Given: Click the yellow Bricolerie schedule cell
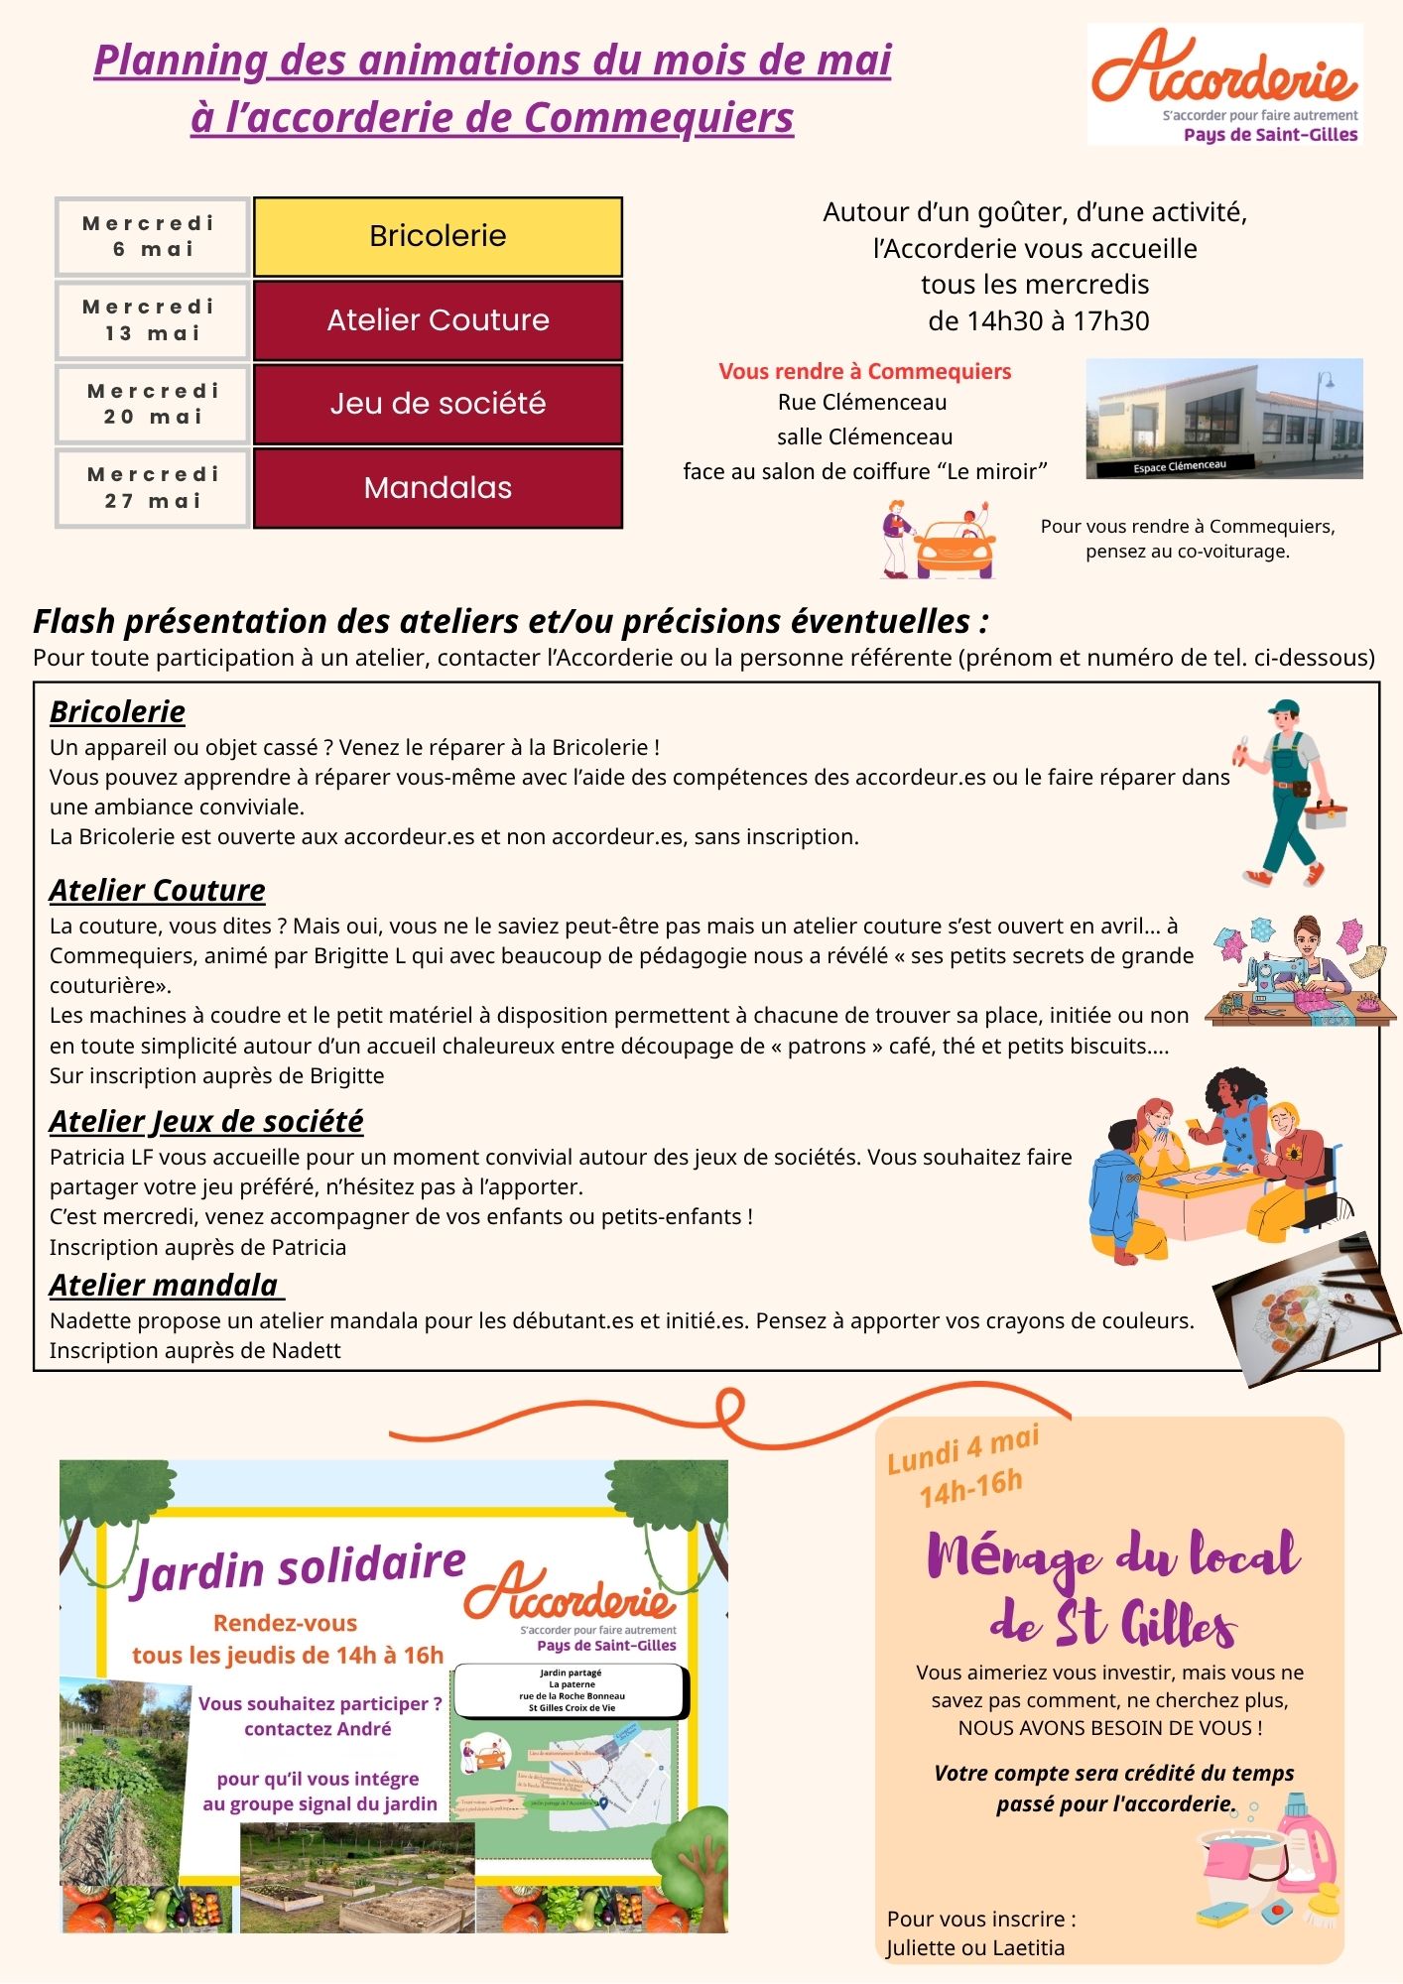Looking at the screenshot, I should pos(438,236).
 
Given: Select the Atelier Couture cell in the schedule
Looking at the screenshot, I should pos(438,320).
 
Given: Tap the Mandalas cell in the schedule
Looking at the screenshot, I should pos(438,488).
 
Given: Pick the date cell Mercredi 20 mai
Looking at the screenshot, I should pos(153,404).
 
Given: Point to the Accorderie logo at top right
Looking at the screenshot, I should pos(1224,84).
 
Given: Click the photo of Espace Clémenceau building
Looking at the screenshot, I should pos(1224,419).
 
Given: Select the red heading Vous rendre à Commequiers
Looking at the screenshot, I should pos(864,372).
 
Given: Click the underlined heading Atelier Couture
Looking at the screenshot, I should pos(158,890).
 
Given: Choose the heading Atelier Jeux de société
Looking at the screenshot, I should pos(206,1121).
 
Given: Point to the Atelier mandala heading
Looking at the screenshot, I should pos(165,1285).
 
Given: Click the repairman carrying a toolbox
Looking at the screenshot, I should pos(1288,793).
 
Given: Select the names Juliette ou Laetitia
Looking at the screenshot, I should pos(975,1948).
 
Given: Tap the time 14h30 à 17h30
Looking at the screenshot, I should pos(1038,321).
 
